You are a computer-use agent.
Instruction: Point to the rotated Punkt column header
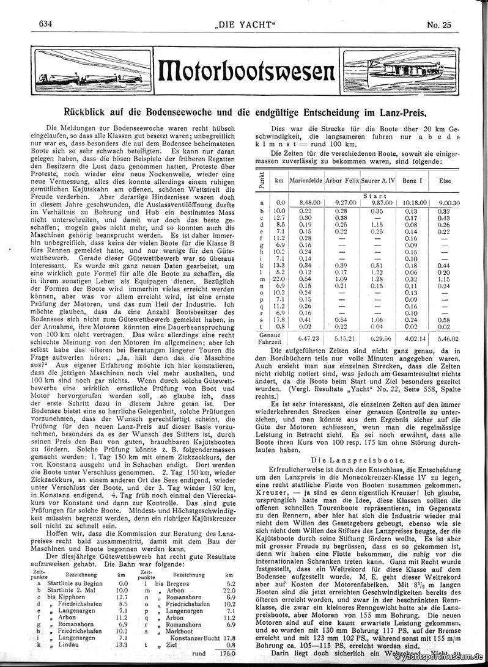261,182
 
